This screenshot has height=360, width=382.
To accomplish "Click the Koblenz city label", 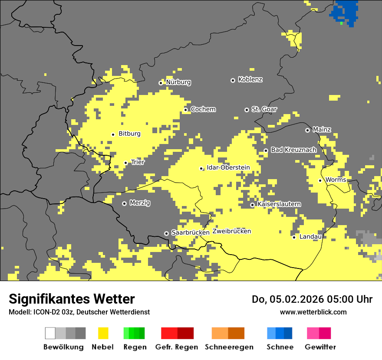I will pos(250,80).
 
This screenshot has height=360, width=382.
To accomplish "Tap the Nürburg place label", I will pos(178,82).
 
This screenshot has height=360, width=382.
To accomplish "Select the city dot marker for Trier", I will pos(126,163).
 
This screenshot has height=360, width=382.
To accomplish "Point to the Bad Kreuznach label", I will pos(293,150).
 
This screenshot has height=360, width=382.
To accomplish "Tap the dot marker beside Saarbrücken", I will pos(166,233).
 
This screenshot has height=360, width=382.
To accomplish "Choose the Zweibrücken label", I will pos(232,232).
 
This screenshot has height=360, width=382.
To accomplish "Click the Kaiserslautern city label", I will pos(279,204).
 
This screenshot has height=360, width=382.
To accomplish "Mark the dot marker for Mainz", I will pos(307,130).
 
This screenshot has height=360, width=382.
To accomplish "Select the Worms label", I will pos(336,180).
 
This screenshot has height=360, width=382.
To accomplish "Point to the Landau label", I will pos(310,237).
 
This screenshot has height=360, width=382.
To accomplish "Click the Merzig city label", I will pos(140,203).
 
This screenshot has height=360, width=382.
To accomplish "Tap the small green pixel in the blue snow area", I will pos(342,23).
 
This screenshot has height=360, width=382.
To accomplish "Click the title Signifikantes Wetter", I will pos(72,299).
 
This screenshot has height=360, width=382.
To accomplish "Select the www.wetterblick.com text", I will pos(313,312).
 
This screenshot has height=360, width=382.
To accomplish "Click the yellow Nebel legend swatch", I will pos(103,333).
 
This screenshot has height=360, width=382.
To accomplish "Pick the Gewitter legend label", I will pos(320,347).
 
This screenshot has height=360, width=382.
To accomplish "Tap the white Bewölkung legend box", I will pos(50,333).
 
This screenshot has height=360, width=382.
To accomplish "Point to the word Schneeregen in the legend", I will pos(229,347).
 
